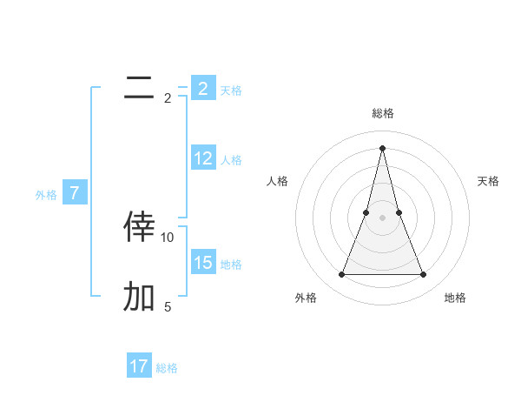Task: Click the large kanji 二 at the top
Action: (139, 87)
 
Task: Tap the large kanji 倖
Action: (139, 226)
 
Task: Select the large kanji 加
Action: (139, 297)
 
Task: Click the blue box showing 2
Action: (203, 89)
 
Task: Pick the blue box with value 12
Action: (203, 158)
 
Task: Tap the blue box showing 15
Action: (203, 263)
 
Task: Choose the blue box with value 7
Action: (75, 193)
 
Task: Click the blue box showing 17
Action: (139, 366)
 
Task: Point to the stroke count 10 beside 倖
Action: (168, 237)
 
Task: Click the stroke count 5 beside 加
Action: (168, 306)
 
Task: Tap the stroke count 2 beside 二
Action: (168, 97)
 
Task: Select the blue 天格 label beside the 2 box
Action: (231, 90)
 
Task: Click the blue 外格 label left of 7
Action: (46, 195)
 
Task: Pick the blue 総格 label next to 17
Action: (167, 368)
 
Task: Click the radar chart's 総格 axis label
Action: (382, 113)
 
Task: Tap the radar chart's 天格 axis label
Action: (489, 181)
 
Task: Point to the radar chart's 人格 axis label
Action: (277, 181)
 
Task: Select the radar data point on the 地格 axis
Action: (424, 275)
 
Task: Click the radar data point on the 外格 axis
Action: (341, 275)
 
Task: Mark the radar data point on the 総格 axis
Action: (382, 147)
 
